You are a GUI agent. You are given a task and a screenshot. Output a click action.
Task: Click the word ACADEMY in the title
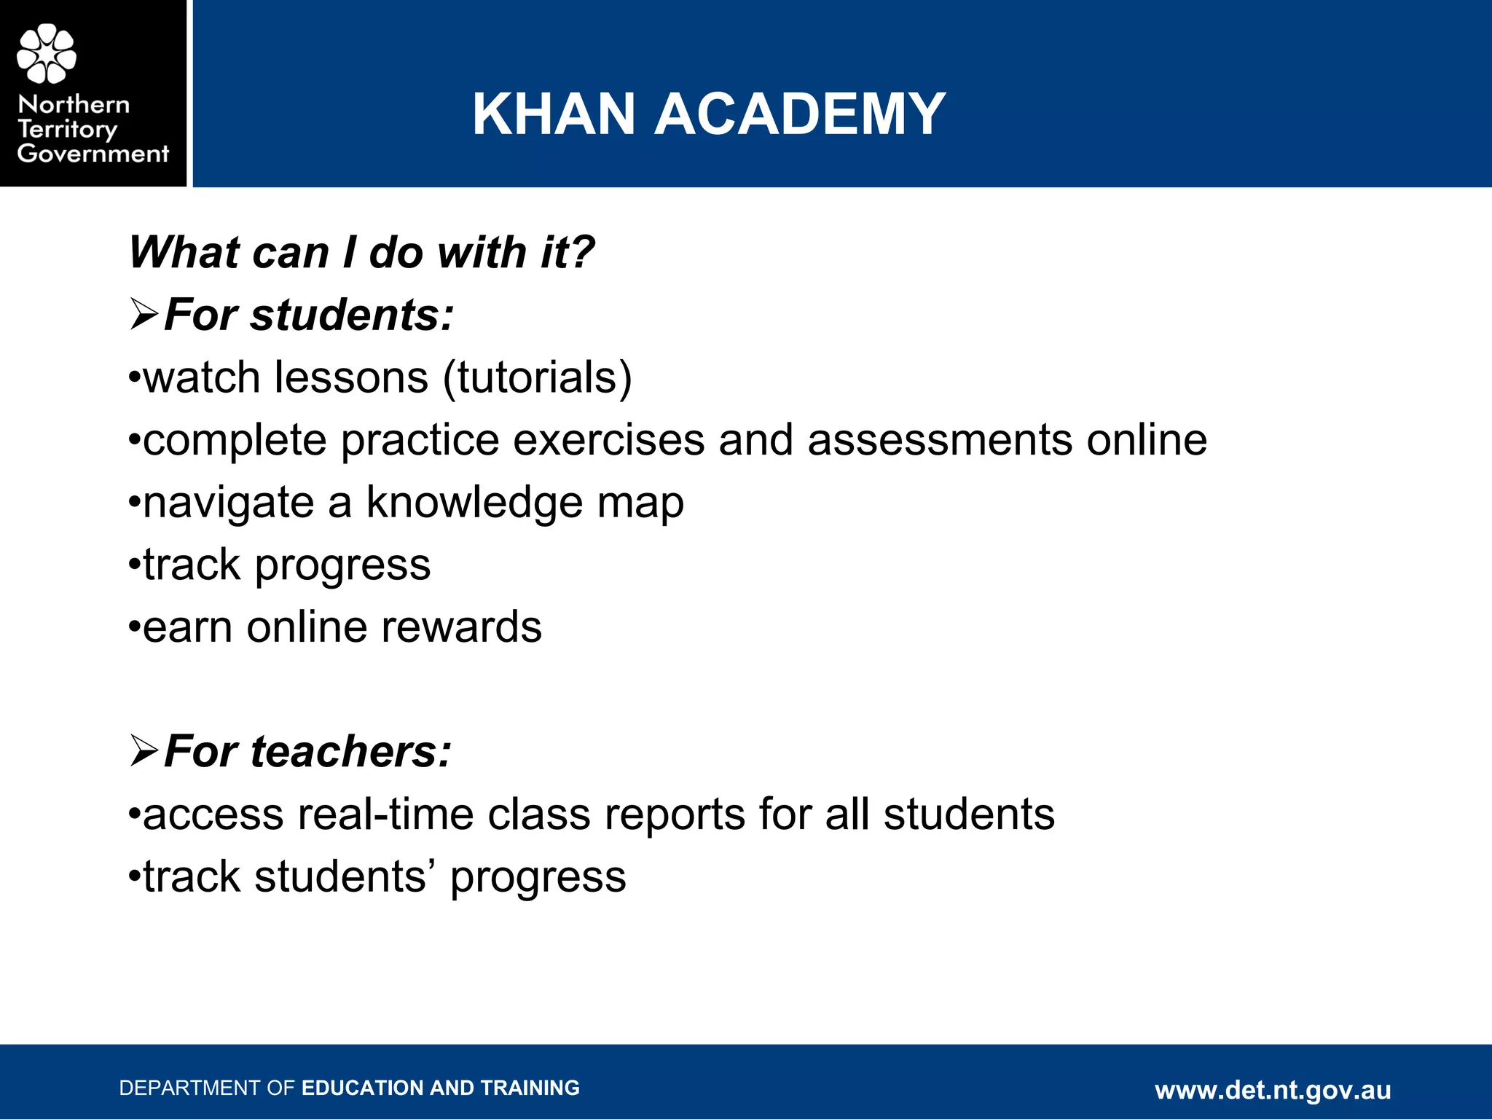[x=799, y=114]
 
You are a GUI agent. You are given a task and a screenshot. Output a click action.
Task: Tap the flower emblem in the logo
[x=47, y=53]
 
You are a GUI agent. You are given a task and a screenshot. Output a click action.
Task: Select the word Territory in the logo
[x=67, y=130]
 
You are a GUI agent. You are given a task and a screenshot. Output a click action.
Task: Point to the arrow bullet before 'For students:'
[x=144, y=315]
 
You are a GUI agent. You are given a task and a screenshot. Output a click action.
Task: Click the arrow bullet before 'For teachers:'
[x=144, y=751]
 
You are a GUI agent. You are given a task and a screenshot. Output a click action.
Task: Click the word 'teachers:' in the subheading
[x=351, y=751]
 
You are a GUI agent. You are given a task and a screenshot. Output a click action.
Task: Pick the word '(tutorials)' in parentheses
[x=538, y=377]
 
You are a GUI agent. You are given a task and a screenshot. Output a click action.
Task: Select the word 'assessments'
[x=940, y=440]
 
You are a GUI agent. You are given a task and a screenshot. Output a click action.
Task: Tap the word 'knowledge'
[x=474, y=503]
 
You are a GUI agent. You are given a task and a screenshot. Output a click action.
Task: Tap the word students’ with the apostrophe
[x=346, y=876]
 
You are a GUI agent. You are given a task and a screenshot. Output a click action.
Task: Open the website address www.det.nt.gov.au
[x=1273, y=1090]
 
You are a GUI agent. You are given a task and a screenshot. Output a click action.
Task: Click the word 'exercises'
[x=609, y=440]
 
